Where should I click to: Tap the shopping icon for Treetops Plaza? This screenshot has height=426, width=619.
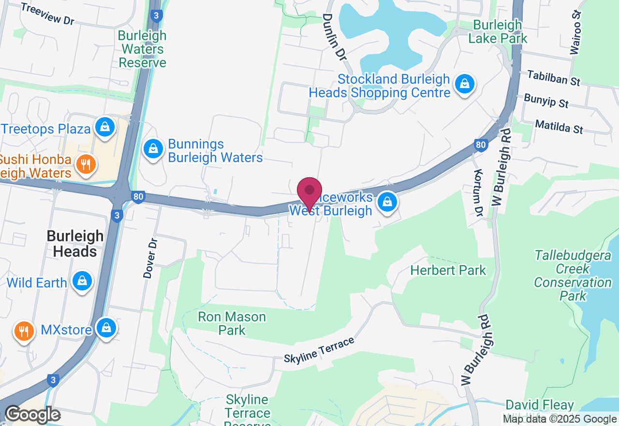(104, 127)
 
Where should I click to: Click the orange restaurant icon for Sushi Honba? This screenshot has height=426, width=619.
(86, 165)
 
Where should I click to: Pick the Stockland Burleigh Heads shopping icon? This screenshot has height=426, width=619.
(465, 85)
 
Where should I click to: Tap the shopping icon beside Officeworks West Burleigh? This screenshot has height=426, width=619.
(387, 203)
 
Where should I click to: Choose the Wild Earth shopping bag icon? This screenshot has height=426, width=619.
(82, 281)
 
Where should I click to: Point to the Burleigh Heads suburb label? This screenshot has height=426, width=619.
(75, 243)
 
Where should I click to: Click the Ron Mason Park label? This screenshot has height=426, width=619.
(232, 323)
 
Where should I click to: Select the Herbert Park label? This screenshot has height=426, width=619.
(448, 270)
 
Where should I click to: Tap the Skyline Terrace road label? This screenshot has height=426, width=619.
(319, 350)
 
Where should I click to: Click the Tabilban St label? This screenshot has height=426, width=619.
(554, 78)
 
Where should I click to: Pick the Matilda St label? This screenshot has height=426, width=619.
(560, 127)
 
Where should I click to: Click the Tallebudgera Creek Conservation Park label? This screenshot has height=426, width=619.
(573, 275)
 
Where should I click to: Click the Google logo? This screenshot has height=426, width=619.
(32, 415)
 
